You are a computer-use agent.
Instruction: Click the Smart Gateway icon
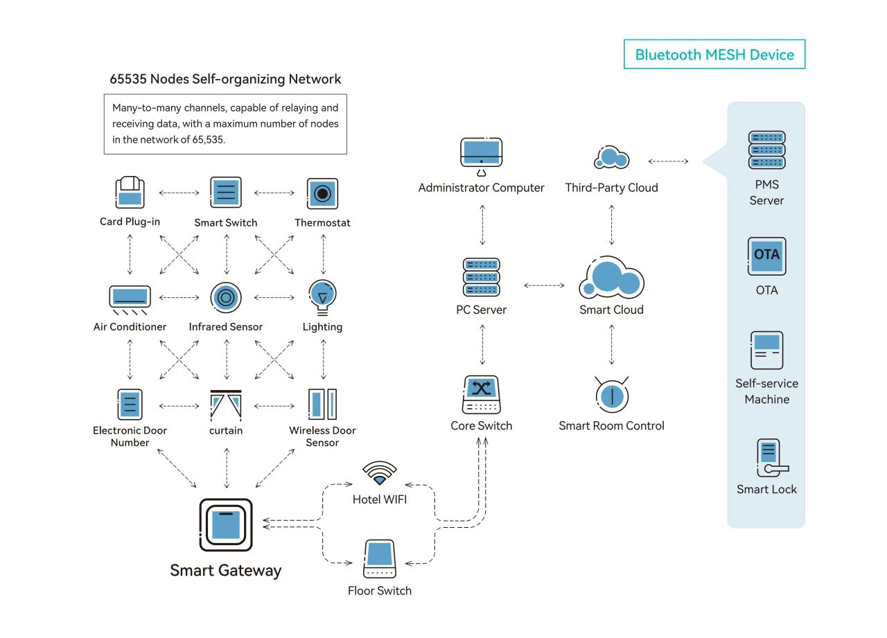(226, 524)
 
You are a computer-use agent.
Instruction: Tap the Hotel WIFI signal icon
(380, 474)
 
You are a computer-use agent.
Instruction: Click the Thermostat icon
(322, 193)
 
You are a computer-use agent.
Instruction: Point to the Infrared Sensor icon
(226, 298)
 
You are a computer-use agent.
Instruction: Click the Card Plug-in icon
(130, 193)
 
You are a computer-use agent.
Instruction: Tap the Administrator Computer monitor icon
(482, 156)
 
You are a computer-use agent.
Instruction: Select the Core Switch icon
(482, 396)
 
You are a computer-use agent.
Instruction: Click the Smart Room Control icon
(611, 394)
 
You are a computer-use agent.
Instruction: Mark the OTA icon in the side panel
(766, 256)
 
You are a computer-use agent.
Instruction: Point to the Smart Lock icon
(766, 458)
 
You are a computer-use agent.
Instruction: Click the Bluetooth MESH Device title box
(714, 54)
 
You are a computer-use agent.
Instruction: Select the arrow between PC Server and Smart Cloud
(544, 285)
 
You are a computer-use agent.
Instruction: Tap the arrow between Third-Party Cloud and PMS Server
(668, 161)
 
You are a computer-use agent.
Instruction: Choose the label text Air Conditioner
(130, 327)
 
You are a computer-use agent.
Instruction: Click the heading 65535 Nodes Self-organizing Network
(225, 79)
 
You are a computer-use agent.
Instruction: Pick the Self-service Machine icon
(766, 351)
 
